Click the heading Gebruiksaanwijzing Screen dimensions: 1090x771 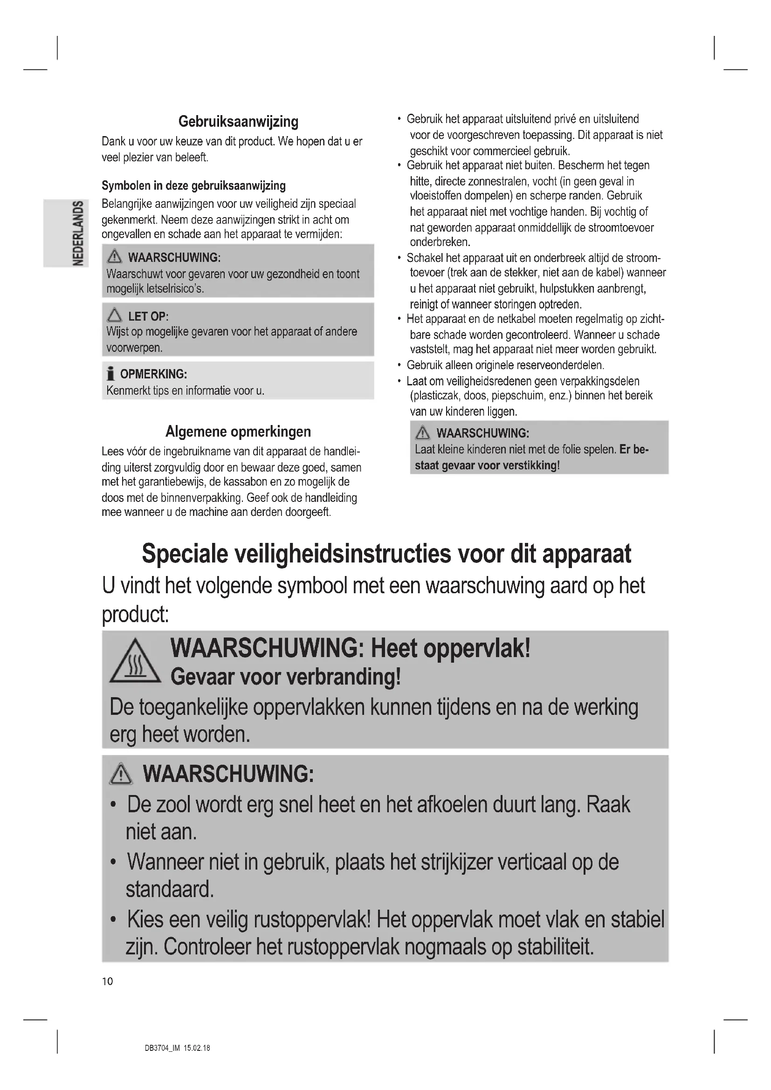point(238,122)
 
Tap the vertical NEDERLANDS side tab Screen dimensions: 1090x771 point(78,233)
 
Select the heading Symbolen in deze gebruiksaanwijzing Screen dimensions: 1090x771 point(194,185)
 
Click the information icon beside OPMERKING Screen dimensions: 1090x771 point(110,374)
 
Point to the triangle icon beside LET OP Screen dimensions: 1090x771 point(114,315)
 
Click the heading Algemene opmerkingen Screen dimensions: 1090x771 point(238,432)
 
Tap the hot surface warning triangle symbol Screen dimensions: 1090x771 point(135,661)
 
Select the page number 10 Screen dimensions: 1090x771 point(107,981)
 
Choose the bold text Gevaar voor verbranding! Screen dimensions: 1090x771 point(286,677)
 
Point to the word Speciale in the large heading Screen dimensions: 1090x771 point(185,554)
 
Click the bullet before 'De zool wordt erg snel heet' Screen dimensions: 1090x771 point(113,805)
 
